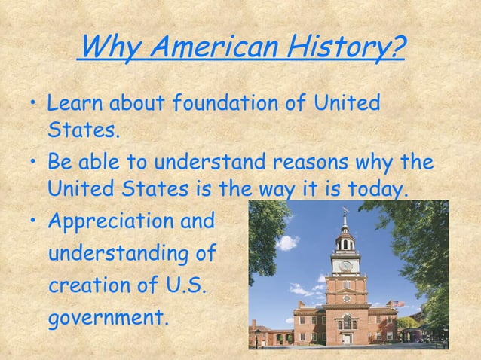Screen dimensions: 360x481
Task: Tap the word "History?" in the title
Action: click(346, 50)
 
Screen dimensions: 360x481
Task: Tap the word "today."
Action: click(372, 185)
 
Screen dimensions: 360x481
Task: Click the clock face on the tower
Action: click(346, 265)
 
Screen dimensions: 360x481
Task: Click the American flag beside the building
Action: click(400, 304)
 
